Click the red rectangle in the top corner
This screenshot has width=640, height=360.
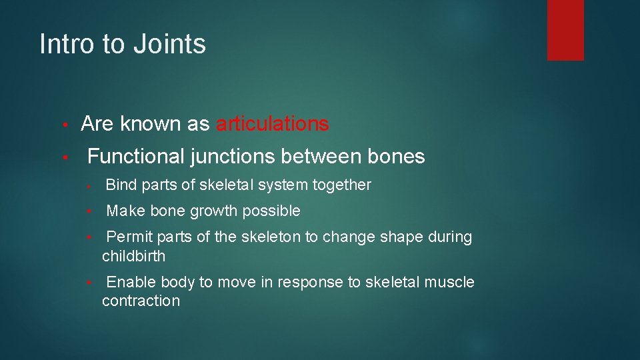coord(565,30)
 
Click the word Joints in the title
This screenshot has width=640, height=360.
coord(169,45)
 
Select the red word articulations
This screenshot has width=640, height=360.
coord(272,124)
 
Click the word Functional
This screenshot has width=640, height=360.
coord(136,157)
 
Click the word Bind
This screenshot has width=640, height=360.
coord(119,185)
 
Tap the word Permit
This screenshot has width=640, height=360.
coord(128,237)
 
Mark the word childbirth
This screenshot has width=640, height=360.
coord(133,256)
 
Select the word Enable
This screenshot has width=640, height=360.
coord(131,283)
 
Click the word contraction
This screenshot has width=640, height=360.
coord(141,301)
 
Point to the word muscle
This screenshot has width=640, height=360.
coord(451,283)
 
